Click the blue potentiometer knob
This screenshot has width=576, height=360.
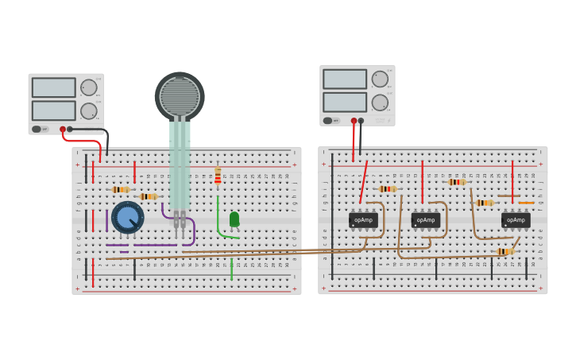point(127,217)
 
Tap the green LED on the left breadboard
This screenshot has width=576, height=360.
point(234,219)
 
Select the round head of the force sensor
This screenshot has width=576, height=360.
point(180,96)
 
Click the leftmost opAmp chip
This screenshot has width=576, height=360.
point(363,220)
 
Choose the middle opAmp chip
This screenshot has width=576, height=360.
point(426,220)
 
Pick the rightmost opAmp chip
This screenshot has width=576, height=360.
point(516,220)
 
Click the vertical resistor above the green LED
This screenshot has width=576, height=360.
point(218,176)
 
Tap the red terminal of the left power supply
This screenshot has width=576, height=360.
point(63,129)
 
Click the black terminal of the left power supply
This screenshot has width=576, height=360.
point(70,129)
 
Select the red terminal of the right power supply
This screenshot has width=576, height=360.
point(354,121)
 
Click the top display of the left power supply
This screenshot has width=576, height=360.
point(54,87)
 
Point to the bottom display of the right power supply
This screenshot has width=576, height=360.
point(345,103)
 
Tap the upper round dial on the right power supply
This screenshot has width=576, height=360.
point(380,79)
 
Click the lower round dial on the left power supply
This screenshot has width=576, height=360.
point(88,110)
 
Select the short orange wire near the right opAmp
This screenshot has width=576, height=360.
point(526,203)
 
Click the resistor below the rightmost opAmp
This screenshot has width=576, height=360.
point(504,251)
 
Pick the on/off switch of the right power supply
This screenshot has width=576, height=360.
point(328,121)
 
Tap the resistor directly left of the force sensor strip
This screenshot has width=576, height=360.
point(148,196)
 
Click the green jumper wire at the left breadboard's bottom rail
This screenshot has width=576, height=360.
point(231,269)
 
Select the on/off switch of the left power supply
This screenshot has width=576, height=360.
point(37,129)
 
